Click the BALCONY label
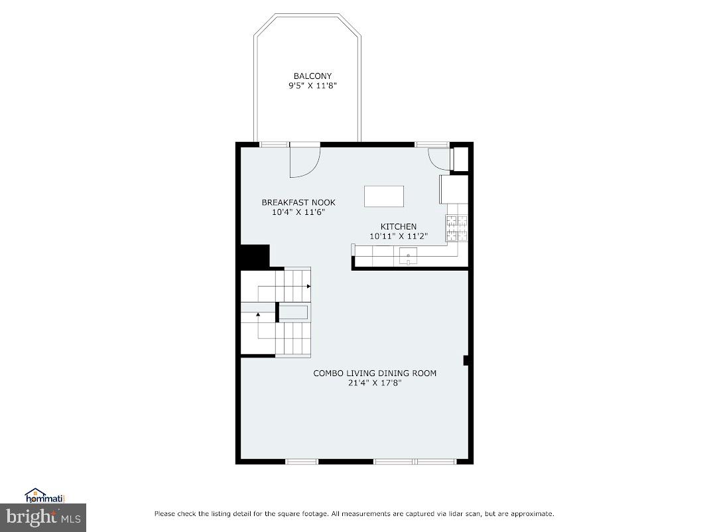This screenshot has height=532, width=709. tap(312, 76)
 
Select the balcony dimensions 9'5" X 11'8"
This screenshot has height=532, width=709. tap(312, 86)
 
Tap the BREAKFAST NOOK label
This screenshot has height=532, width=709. tap(298, 202)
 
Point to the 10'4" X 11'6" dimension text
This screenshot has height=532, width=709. tap(298, 212)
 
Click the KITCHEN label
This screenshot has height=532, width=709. tap(398, 227)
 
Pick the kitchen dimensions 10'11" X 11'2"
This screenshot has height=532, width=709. tap(398, 236)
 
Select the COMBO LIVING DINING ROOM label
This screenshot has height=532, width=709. tap(375, 373)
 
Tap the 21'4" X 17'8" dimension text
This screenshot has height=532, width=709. tap(375, 383)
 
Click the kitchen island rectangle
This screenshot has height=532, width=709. tap(383, 196)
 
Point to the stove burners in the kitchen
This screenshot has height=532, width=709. tap(456, 228)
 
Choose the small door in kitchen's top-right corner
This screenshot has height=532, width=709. tap(439, 158)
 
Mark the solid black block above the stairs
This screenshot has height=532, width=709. tap(255, 256)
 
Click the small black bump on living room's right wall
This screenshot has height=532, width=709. tap(466, 360)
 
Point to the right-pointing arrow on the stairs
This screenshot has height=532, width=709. tap(308, 286)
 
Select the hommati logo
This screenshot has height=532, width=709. tap(44, 495)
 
